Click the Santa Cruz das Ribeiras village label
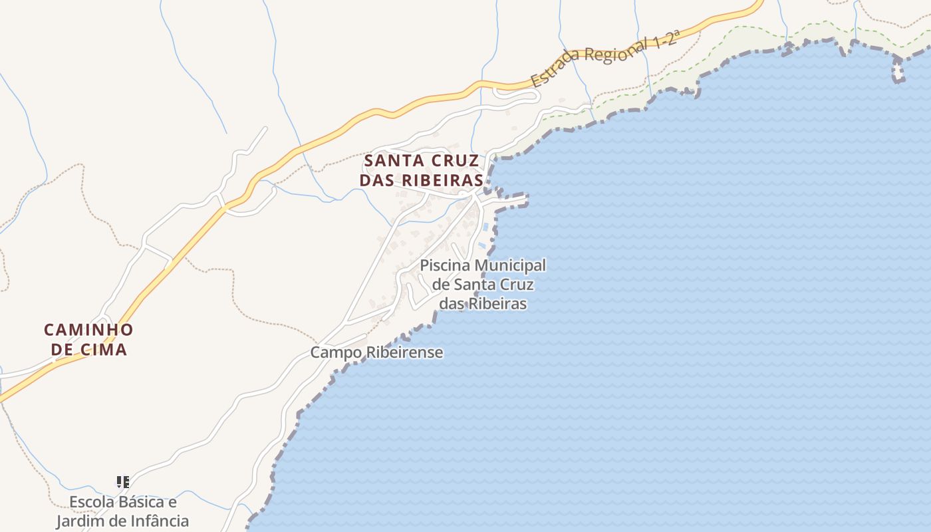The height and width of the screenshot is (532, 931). click(x=421, y=170)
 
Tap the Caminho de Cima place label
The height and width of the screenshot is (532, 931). click(x=88, y=339)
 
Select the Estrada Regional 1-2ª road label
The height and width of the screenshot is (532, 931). click(x=604, y=58)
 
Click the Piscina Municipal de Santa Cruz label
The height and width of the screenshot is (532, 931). click(x=483, y=285)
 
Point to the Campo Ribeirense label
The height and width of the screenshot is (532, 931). click(x=376, y=352)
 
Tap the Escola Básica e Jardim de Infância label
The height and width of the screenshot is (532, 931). click(x=122, y=511)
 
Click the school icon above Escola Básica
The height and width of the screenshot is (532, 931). click(x=122, y=481)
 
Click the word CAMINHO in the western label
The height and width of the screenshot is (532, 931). click(x=88, y=330)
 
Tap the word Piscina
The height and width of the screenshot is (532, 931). click(x=445, y=266)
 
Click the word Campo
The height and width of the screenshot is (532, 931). click(x=336, y=352)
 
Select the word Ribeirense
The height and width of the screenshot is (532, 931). click(x=404, y=352)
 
